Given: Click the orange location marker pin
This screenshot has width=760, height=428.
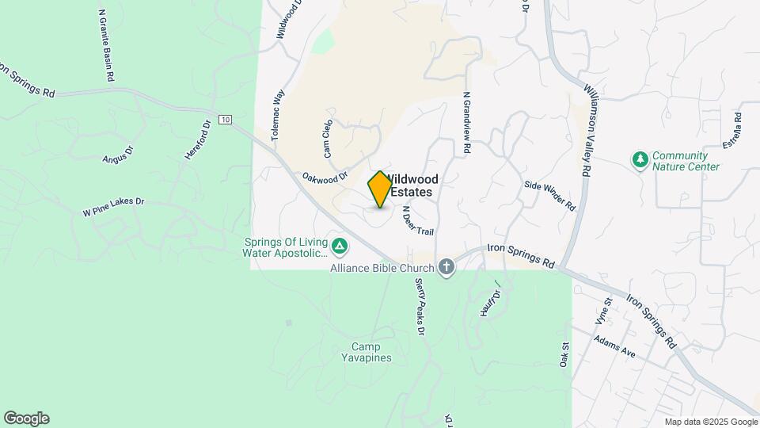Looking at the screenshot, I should [x=380, y=189].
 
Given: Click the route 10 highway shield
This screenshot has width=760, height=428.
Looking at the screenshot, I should [x=226, y=120].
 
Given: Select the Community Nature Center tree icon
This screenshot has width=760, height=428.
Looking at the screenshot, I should [x=640, y=160].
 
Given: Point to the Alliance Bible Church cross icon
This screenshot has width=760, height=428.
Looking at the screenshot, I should [x=446, y=267].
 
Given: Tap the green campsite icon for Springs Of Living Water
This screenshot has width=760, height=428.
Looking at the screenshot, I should [x=339, y=247].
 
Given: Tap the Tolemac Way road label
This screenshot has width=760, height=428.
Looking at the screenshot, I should [x=277, y=115].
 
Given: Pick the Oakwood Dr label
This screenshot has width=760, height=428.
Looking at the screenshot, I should [x=325, y=177].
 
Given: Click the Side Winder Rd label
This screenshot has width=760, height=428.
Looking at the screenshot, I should [x=549, y=195].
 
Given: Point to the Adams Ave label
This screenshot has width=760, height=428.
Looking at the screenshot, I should [x=615, y=346].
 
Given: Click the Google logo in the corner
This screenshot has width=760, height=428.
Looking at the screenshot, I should [x=26, y=418].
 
